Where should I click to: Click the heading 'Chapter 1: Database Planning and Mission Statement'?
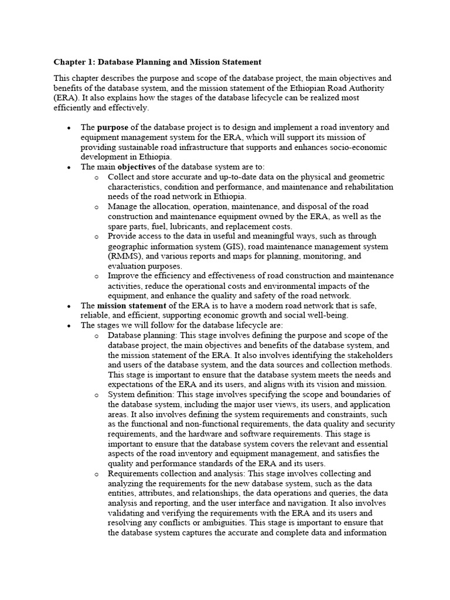coord(158,62)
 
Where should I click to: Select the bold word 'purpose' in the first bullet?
coord(112,127)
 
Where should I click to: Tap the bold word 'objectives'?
coord(142,167)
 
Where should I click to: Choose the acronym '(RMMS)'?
coord(124,256)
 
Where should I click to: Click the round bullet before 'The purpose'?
coord(69,128)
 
